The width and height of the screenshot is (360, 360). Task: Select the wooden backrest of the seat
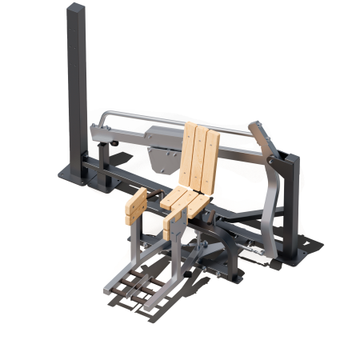pos(198,156)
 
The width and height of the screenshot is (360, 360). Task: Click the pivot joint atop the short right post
pos(280,164)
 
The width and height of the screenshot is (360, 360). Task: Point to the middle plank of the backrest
pos(199,156)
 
